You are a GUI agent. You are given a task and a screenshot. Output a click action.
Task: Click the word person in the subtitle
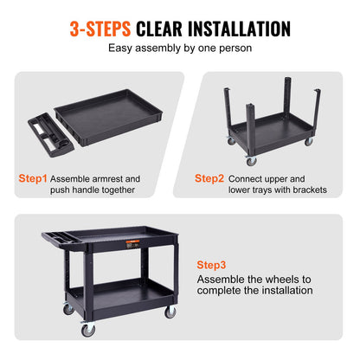(234, 48)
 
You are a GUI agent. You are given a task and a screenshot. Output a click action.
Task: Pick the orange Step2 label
(210, 178)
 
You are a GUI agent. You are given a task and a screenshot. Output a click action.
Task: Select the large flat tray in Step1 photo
(110, 122)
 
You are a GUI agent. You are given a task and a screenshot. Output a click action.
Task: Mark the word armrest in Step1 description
(121, 178)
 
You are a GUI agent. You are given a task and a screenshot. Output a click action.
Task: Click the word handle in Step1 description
(92, 190)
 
